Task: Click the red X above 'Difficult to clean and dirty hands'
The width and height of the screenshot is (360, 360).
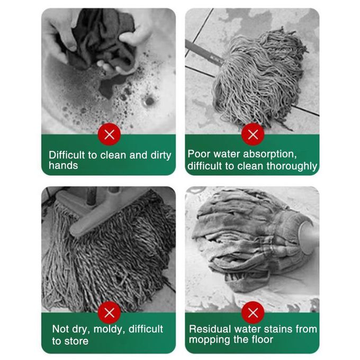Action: pos(109,134)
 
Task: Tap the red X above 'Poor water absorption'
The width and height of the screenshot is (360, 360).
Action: pos(253,134)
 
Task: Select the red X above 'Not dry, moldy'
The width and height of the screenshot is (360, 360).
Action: pos(109,312)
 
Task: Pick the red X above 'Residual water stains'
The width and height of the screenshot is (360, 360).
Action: pos(253,312)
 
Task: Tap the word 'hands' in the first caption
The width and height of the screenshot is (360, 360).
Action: pos(64,166)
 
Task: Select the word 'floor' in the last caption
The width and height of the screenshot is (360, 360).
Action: pos(263,339)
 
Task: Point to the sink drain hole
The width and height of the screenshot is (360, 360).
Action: pos(149,101)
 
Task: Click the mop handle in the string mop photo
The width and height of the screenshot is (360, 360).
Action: pos(204,53)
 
